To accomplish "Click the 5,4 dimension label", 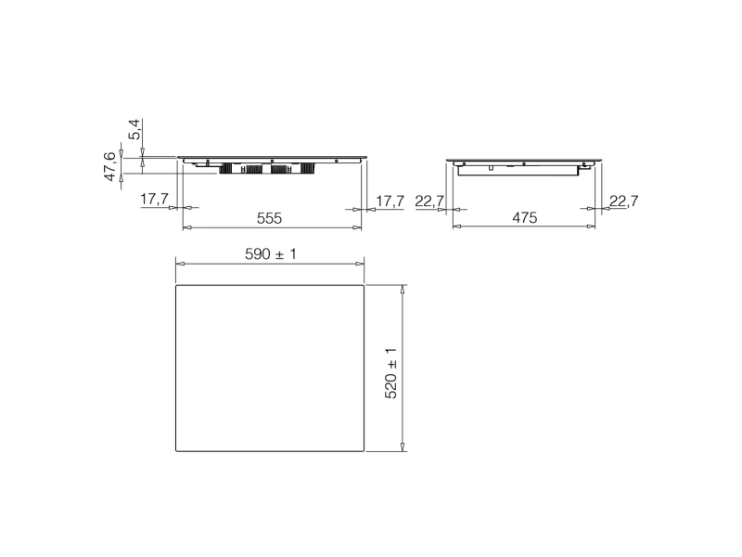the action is click(135, 129).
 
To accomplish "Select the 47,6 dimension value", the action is click(109, 166).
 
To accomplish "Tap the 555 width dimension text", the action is click(269, 218).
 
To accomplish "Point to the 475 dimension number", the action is click(525, 218).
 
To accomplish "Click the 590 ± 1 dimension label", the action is click(271, 254).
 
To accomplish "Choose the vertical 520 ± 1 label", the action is click(390, 373).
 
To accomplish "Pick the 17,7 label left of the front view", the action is click(154, 200).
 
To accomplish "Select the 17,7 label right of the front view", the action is click(390, 201).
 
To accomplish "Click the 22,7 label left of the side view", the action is click(429, 201).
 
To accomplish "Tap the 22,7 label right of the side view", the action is click(623, 201).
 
